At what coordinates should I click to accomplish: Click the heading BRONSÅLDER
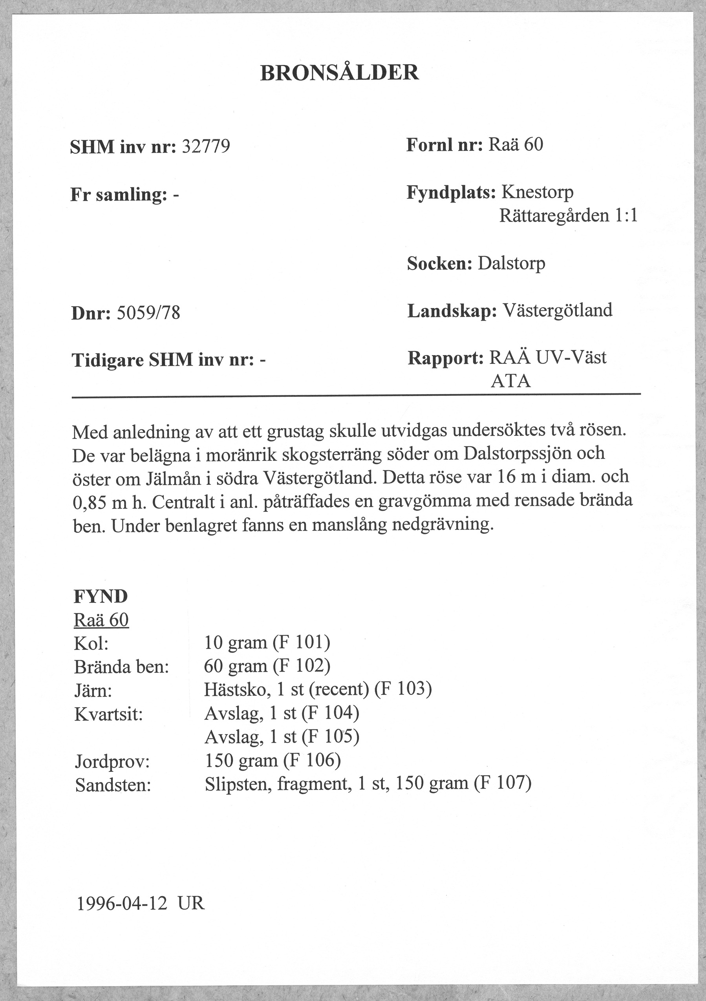click(x=339, y=73)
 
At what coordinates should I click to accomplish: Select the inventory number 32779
click(x=205, y=147)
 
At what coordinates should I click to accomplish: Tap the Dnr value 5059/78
click(x=148, y=313)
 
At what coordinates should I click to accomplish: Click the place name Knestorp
click(x=537, y=192)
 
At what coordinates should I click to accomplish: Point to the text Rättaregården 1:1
click(x=568, y=216)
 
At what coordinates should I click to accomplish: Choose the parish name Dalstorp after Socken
click(x=511, y=263)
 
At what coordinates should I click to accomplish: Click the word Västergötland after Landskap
click(x=557, y=311)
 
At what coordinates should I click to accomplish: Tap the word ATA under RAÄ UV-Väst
click(x=510, y=382)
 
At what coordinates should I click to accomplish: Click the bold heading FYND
click(x=101, y=596)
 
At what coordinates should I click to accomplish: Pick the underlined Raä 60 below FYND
click(x=101, y=620)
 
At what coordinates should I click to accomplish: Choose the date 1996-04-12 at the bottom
click(x=122, y=904)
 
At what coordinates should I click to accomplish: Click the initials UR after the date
click(x=191, y=904)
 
